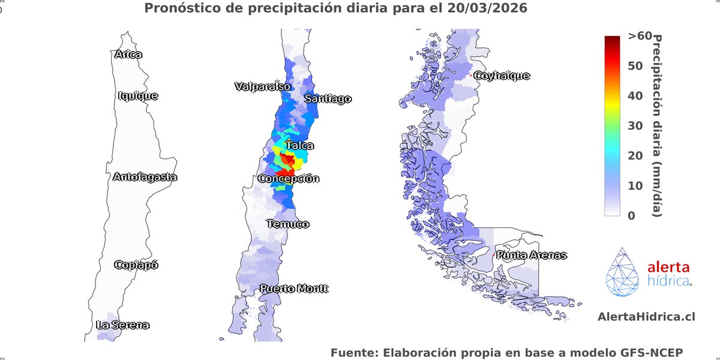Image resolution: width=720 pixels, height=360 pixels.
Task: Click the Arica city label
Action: click(128, 55)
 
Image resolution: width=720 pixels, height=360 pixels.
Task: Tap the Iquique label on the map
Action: click(138, 95)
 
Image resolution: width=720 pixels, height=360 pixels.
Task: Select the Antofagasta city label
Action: click(145, 177)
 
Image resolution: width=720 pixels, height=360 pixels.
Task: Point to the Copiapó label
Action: click(136, 265)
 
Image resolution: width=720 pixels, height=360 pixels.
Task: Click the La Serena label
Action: click(122, 325)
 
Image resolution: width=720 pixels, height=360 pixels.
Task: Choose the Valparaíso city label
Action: click(262, 86)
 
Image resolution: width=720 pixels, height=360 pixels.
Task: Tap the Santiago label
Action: click(328, 99)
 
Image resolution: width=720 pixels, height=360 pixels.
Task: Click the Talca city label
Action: click(299, 145)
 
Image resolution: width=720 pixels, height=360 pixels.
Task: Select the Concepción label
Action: click(289, 179)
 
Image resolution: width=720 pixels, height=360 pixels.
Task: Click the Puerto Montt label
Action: click(294, 289)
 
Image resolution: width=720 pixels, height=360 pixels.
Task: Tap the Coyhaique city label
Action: click(502, 76)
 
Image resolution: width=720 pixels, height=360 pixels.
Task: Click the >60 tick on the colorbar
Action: click(640, 36)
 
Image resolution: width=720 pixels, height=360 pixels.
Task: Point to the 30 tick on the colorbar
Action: click(635, 125)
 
